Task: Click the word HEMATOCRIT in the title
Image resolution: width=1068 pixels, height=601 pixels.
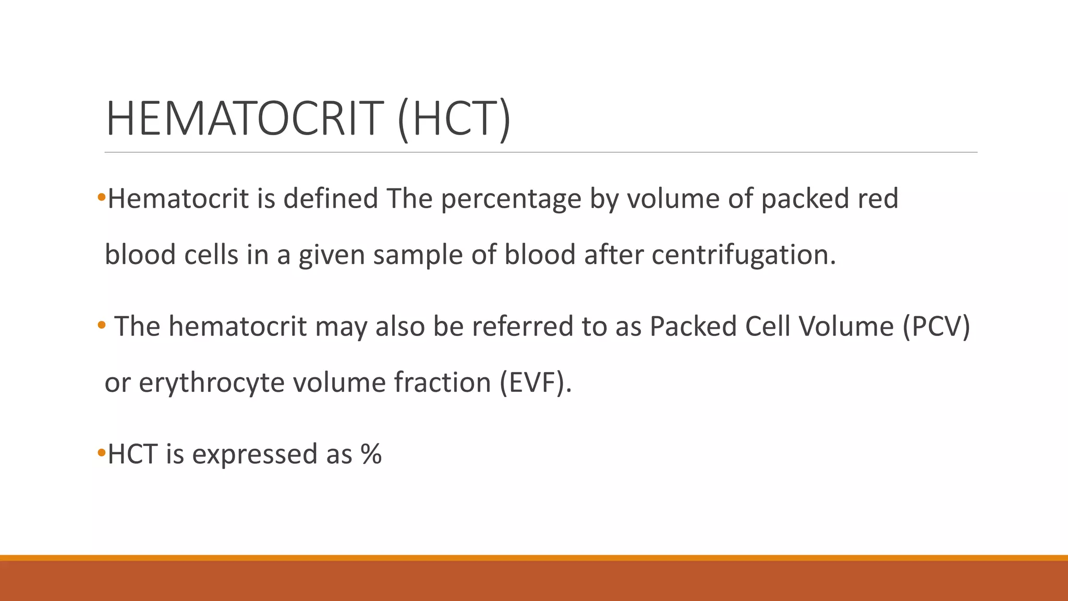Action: tap(244, 119)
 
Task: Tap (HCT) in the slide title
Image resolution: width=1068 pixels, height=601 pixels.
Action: tap(453, 119)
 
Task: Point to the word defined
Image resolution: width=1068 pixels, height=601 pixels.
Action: tap(331, 198)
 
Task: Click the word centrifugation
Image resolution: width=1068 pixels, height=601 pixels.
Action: tap(744, 255)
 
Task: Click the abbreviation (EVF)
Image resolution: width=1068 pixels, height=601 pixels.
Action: tap(536, 383)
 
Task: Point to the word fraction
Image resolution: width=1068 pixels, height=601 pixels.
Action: tap(442, 382)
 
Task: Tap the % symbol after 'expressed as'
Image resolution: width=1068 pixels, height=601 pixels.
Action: tap(371, 454)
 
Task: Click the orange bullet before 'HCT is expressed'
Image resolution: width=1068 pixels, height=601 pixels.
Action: tap(101, 452)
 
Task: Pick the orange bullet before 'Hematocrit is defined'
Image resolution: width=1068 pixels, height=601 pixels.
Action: tap(101, 197)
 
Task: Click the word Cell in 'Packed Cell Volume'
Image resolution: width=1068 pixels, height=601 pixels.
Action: tap(764, 327)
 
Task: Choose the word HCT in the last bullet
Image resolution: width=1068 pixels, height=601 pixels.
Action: tap(132, 454)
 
